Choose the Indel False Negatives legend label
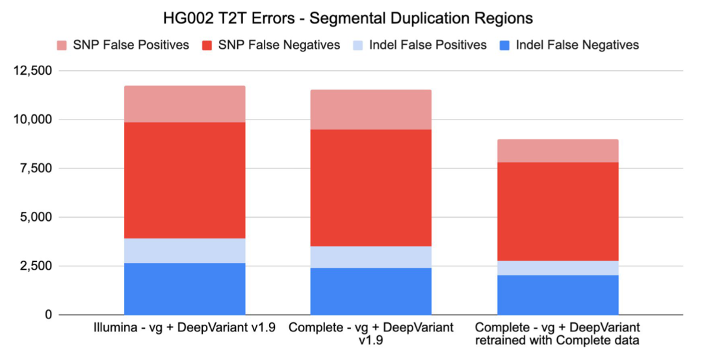coord(577,45)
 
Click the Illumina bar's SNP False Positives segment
coord(185,104)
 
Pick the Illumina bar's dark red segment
coord(185,180)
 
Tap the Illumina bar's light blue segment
coord(185,251)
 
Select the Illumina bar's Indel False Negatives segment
coord(185,289)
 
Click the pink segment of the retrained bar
coord(557,151)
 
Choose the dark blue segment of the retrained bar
coord(557,295)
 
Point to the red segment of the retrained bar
coord(557,211)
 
